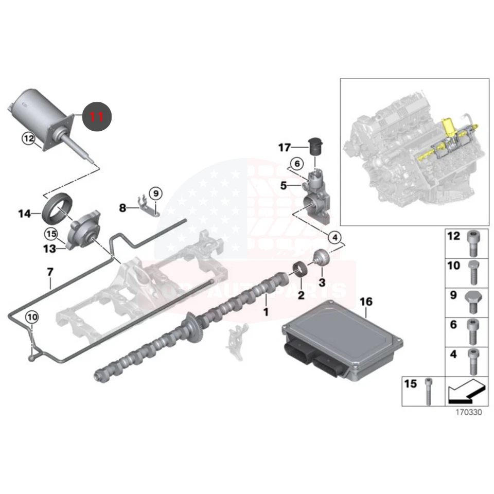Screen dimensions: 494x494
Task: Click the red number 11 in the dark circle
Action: [x=97, y=116]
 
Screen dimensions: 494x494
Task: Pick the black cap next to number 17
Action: [x=314, y=147]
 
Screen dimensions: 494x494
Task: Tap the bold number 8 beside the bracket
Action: [x=122, y=208]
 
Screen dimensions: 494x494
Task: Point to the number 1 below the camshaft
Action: [x=266, y=312]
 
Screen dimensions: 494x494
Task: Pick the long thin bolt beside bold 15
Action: [x=428, y=391]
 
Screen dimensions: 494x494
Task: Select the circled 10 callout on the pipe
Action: [x=32, y=317]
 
